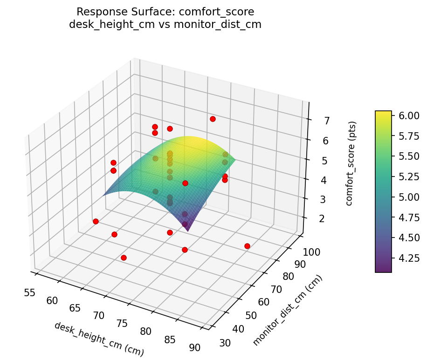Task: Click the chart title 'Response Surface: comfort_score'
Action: point(165,12)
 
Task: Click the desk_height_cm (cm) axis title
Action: point(99,339)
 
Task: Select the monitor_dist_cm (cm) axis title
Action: point(288,311)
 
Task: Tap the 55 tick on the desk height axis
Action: point(29,292)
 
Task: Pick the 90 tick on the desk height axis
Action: point(194,347)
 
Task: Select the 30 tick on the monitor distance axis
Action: point(225,343)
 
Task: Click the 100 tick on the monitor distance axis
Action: point(312,252)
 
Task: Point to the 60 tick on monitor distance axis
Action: point(264,302)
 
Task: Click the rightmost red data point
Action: point(247,246)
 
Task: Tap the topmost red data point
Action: point(213,119)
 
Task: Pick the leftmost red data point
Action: point(96,221)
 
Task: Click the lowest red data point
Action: point(124,258)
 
